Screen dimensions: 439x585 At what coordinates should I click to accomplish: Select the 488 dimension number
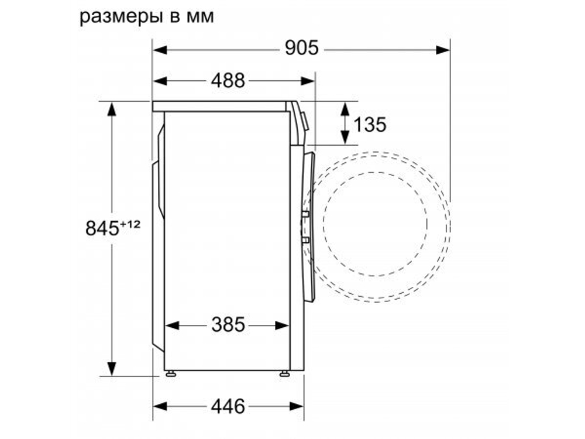[x=228, y=81]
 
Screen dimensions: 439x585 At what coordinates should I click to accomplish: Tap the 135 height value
[x=370, y=124]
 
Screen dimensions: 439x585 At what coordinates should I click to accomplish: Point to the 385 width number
[x=228, y=324]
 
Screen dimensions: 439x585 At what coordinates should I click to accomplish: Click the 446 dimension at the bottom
[x=228, y=406]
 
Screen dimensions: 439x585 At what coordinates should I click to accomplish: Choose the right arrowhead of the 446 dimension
[x=298, y=406]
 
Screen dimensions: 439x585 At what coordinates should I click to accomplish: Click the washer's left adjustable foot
[x=170, y=373]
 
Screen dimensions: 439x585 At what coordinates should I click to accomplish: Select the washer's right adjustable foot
[x=284, y=373]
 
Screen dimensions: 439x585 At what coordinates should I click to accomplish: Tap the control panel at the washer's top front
[x=300, y=120]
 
